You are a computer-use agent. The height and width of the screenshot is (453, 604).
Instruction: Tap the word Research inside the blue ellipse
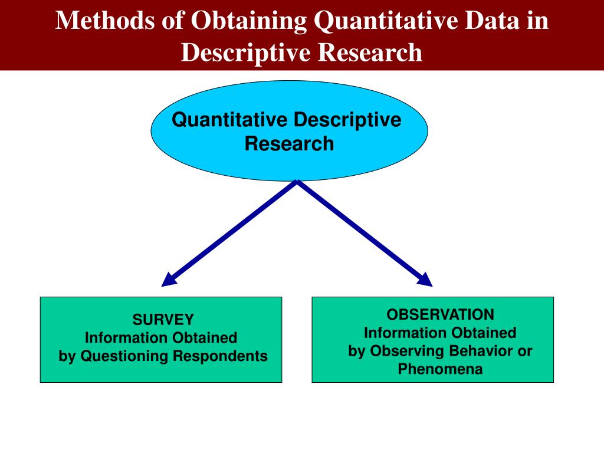coord(289,143)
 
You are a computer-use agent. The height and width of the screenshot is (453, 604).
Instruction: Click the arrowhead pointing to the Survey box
coord(169,280)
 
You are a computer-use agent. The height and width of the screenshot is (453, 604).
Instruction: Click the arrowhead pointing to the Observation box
coord(425,280)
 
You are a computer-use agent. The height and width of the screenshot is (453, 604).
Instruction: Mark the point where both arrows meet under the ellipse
coord(297,182)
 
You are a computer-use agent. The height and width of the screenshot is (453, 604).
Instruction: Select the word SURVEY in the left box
coord(163,320)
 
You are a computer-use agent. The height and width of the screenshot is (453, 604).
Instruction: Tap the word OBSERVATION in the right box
coord(440,314)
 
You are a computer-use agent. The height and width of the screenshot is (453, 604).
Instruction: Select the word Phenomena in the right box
coord(440,369)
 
